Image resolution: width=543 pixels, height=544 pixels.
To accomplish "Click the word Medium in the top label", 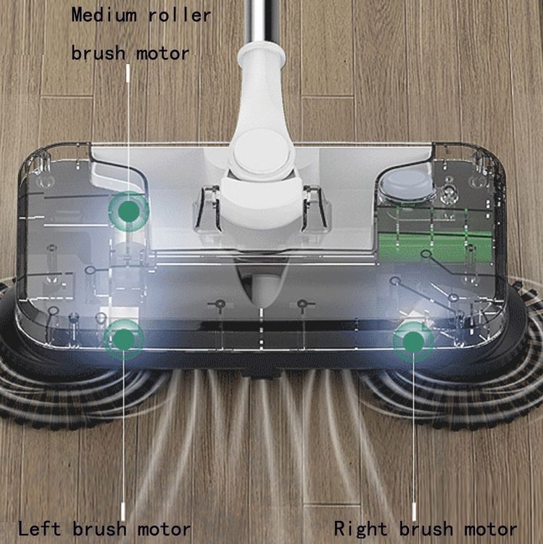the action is (x=104, y=16).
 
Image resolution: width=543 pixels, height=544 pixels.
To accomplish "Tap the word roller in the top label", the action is (x=180, y=15).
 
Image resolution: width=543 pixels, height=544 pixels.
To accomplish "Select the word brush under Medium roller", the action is (x=98, y=54).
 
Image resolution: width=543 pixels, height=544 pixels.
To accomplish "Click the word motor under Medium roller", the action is (x=162, y=54).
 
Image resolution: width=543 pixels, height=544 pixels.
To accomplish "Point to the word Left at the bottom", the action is (x=39, y=529).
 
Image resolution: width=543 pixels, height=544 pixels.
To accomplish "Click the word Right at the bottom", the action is (x=360, y=529).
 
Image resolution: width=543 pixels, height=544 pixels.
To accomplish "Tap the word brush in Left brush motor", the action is (x=99, y=529).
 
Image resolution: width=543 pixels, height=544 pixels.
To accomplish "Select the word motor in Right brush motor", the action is (x=490, y=529).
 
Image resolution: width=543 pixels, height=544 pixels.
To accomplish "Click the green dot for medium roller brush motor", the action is (x=128, y=210).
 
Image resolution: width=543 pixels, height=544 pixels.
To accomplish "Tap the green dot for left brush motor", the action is (x=124, y=339).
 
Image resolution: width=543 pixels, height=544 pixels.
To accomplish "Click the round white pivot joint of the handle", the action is (x=262, y=152).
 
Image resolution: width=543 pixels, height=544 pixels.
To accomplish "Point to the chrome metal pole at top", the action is (x=262, y=22).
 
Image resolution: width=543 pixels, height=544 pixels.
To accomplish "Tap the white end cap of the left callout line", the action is (x=123, y=511).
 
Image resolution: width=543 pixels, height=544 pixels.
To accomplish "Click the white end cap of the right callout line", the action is (x=413, y=511).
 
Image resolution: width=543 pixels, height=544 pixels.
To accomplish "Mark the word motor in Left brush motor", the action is (x=164, y=529).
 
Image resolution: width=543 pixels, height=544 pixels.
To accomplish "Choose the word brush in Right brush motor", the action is (x=426, y=529).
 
